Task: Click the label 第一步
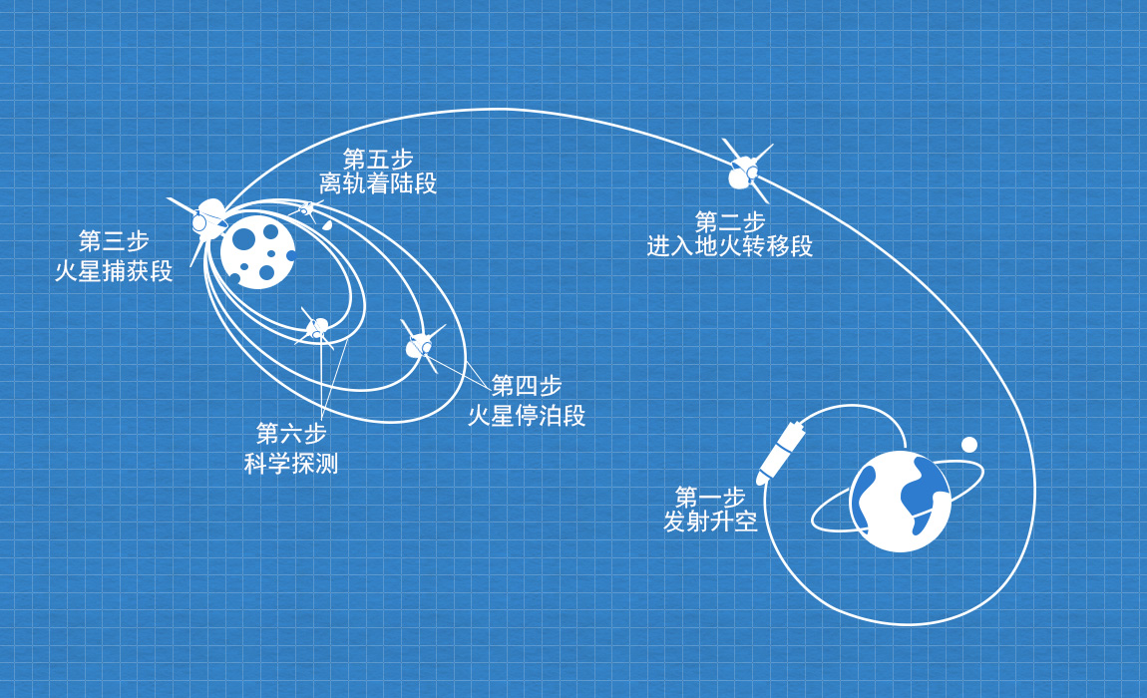[x=709, y=497]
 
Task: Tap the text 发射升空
[x=709, y=521]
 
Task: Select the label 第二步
[x=729, y=221]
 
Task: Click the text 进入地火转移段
[x=729, y=245]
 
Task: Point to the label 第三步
[x=114, y=241]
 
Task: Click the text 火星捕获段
[x=114, y=270]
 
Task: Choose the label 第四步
[x=527, y=386]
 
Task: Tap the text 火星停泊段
[x=527, y=415]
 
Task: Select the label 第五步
[x=378, y=160]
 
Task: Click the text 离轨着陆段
[x=378, y=183]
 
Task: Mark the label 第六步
[x=291, y=434]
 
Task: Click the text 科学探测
[x=291, y=463]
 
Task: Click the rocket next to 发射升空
[x=781, y=452]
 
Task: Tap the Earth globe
[x=899, y=502]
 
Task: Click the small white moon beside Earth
[x=969, y=445]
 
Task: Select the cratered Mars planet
[x=257, y=251]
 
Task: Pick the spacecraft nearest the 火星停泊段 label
[x=420, y=345]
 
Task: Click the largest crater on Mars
[x=244, y=239]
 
